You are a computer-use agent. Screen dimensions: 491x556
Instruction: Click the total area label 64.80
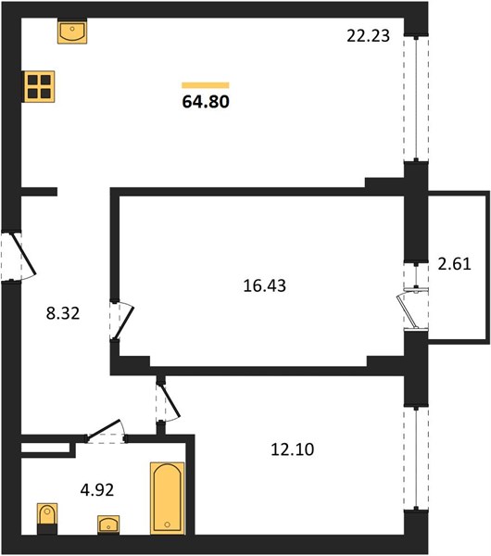[206, 101]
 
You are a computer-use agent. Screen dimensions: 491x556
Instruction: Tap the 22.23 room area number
[368, 36]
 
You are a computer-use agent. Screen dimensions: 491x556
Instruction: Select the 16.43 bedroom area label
[264, 285]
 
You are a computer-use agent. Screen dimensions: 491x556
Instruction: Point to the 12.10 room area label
[292, 449]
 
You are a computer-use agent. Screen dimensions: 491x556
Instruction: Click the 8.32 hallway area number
[63, 313]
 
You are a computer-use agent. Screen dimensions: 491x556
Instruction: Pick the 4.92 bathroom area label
[97, 490]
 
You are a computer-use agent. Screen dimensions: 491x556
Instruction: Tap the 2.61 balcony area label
[454, 264]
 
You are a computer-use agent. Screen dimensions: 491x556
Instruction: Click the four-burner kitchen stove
[39, 86]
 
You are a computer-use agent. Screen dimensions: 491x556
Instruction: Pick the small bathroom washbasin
[108, 524]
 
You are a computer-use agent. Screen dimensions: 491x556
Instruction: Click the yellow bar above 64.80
[206, 85]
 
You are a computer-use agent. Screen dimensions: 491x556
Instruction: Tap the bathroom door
[107, 431]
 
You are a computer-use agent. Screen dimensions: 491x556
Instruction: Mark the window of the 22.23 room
[416, 98]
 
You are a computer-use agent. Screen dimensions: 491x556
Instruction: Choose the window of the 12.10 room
[416, 459]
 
